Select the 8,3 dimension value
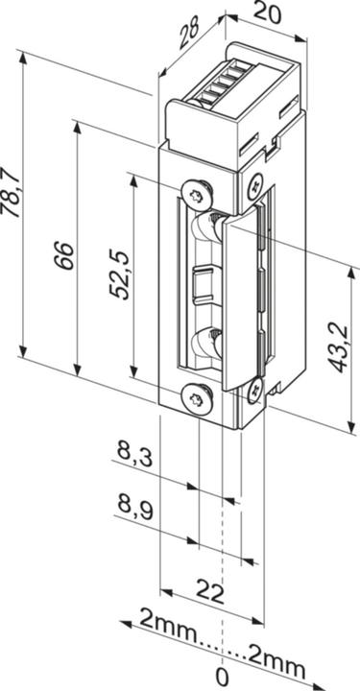coord(133,450)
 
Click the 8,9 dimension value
coord(133,505)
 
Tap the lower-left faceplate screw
coord(197,394)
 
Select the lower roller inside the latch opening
coord(207,341)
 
